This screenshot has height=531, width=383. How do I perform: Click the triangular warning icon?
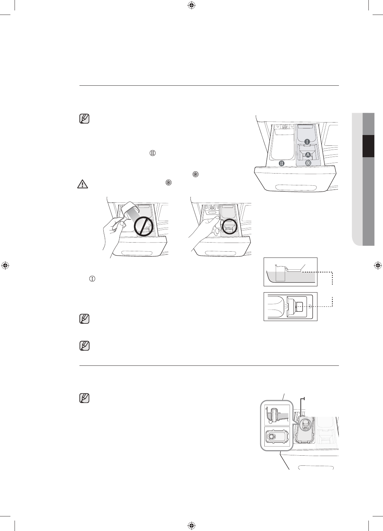pyautogui.click(x=82, y=184)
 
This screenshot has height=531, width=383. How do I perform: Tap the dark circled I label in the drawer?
pyautogui.click(x=307, y=141)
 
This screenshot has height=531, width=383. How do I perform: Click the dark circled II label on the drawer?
pyautogui.click(x=282, y=163)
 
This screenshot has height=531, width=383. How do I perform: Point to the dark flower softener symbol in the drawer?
pyautogui.click(x=308, y=163)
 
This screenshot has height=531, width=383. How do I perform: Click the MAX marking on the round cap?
pyautogui.click(x=306, y=428)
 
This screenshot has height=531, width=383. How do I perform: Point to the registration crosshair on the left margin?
pyautogui.click(x=5, y=265)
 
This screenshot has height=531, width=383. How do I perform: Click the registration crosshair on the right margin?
pyautogui.click(x=378, y=265)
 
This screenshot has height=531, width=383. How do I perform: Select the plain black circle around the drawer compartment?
pyautogui.click(x=230, y=226)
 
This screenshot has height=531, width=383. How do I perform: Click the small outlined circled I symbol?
pyautogui.click(x=92, y=279)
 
